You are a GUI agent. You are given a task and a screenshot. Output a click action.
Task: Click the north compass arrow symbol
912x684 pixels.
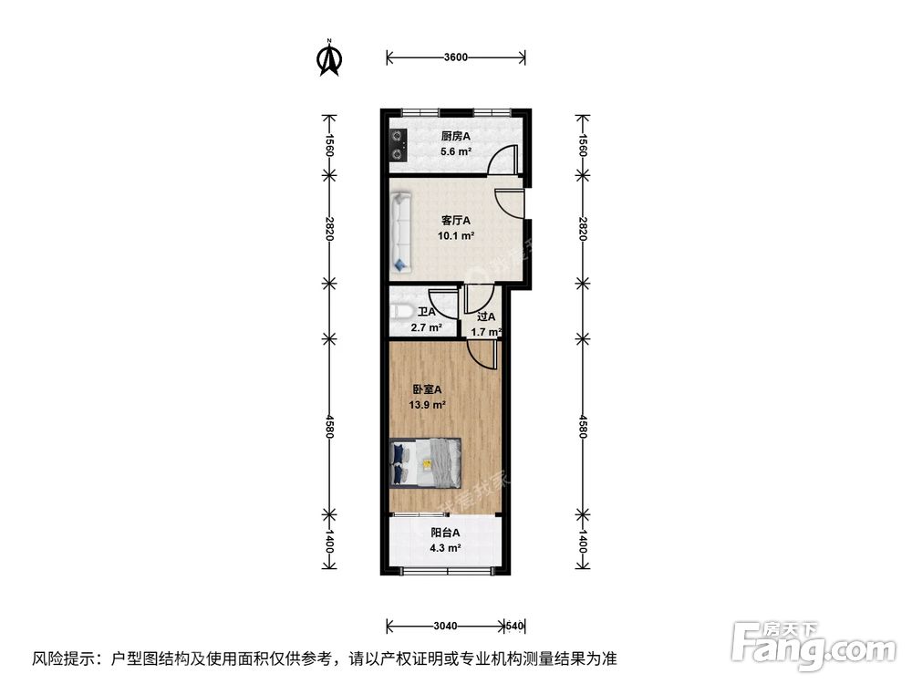(x=329, y=57)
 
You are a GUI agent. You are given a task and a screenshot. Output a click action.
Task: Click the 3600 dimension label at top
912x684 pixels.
(x=455, y=57)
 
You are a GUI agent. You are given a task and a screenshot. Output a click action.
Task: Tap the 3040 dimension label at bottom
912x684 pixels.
(x=446, y=626)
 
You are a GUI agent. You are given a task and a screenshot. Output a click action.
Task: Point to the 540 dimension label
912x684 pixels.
(x=515, y=626)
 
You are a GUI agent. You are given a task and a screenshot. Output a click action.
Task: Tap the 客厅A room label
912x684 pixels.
(x=455, y=220)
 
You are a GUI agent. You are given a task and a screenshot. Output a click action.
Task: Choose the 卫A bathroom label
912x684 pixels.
(x=427, y=312)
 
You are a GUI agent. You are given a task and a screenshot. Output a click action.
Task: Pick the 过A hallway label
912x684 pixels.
(x=485, y=317)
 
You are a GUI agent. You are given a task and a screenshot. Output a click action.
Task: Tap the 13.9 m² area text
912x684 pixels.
(x=426, y=404)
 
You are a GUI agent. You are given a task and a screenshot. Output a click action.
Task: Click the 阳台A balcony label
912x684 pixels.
(x=445, y=533)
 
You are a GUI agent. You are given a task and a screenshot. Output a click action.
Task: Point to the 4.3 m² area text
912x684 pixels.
(x=445, y=548)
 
